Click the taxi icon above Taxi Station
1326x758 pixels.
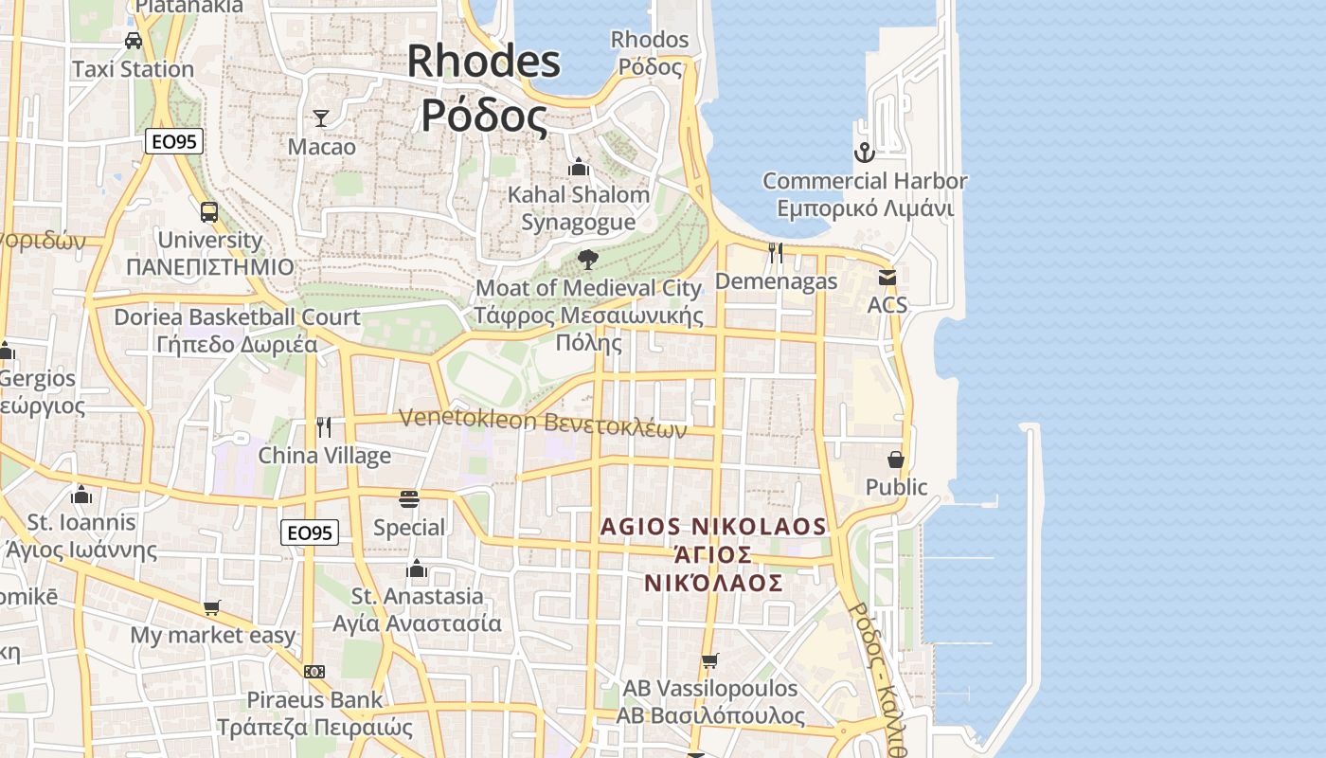pos(134,41)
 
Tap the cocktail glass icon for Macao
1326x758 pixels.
pos(321,118)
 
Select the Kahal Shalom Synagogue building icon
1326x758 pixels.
pos(579,168)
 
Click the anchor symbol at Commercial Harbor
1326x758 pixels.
pos(864,152)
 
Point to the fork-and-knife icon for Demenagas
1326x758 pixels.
pos(776,253)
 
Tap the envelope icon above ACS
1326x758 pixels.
pos(887,277)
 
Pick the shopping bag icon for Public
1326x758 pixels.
pos(896,460)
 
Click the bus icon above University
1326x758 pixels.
pos(209,212)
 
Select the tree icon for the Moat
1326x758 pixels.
pos(588,260)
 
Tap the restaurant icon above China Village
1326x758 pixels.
pos(324,427)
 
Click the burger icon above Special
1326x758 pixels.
pos(409,499)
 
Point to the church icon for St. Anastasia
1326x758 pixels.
pos(417,568)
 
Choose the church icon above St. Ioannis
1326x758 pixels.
pos(81,495)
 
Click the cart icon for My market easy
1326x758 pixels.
pos(212,607)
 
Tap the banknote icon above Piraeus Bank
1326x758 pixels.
pos(314,672)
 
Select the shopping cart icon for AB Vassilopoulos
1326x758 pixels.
pos(709,660)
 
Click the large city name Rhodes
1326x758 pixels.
pos(484,63)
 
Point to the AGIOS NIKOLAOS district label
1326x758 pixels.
pos(713,527)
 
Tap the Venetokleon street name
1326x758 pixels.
pos(468,418)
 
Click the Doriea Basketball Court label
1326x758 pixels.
pos(237,317)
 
